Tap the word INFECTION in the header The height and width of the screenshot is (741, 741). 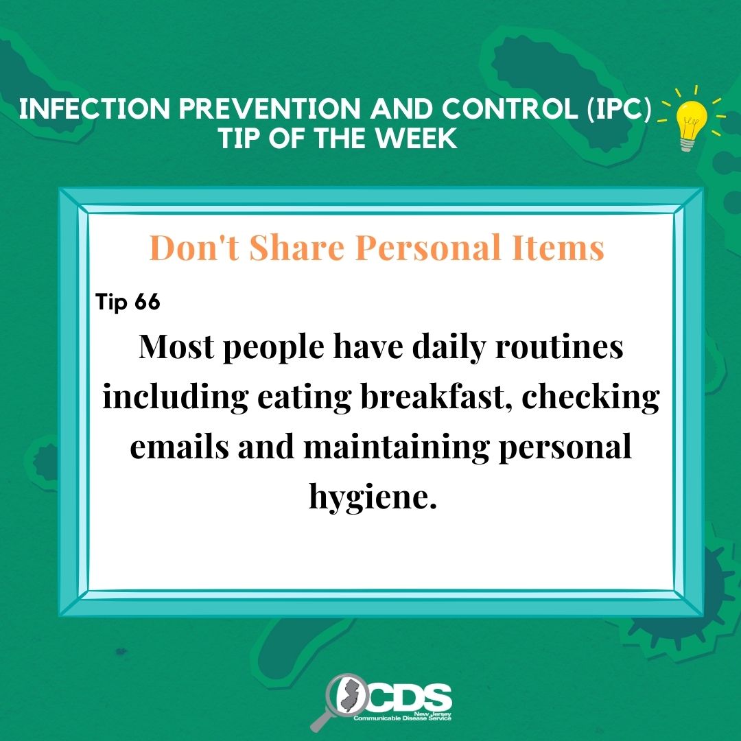[94, 108]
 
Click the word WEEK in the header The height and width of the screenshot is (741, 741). [416, 139]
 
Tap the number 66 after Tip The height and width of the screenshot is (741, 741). [147, 301]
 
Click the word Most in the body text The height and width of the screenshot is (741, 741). [176, 346]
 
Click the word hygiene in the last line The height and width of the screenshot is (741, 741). [373, 497]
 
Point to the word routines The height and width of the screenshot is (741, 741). [559, 346]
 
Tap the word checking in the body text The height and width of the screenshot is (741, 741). [591, 397]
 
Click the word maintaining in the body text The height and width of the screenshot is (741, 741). [396, 447]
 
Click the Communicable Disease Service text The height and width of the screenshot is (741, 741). [403, 718]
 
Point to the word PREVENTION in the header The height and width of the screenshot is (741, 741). [270, 108]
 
